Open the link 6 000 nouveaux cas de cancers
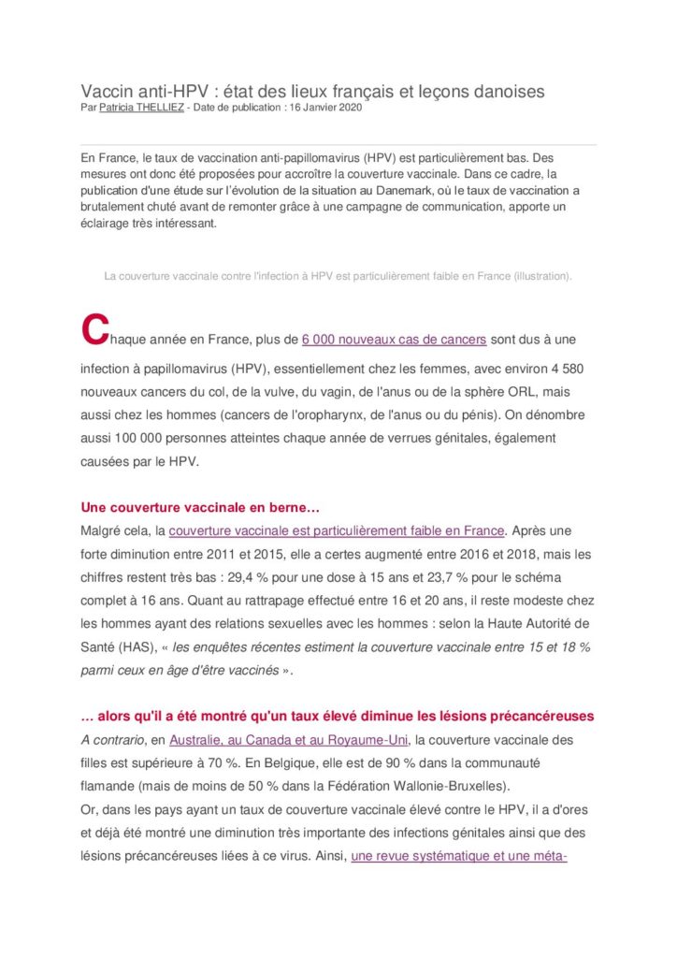pos(394,339)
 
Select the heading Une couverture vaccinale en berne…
pos(201,508)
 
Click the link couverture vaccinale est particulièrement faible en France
pos(337,530)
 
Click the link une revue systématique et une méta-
pos(459,855)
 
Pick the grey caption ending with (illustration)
pos(338,276)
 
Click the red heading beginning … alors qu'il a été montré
pos(338,717)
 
